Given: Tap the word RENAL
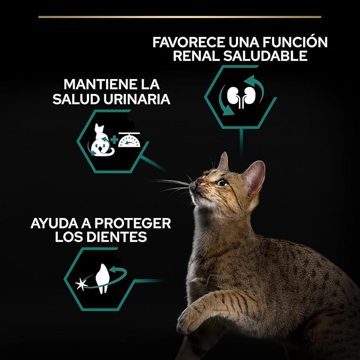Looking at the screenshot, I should tap(196, 56).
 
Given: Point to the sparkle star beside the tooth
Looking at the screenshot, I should tap(82, 284).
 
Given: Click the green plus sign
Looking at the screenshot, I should tap(114, 141).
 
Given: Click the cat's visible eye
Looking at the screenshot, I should tap(223, 183).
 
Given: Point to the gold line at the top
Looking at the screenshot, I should tap(180, 16).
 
